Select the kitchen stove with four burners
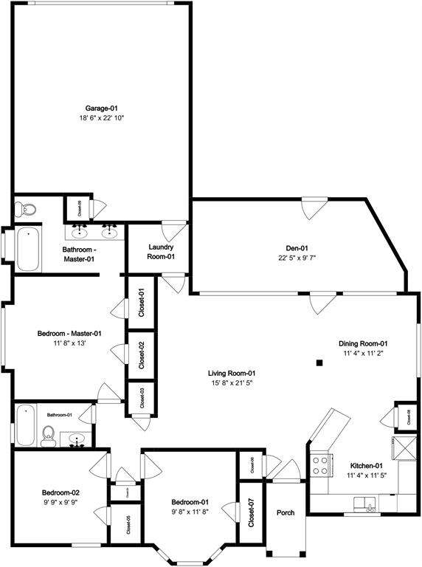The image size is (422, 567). [321, 465]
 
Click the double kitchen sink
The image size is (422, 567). [364, 504]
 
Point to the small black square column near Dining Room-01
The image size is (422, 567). [319, 362]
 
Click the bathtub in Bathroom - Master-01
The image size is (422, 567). [28, 250]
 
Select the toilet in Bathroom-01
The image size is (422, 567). [49, 435]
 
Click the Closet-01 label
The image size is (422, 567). [142, 302]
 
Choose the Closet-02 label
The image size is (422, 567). [142, 354]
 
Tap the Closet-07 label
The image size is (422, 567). [252, 513]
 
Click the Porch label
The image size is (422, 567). [286, 513]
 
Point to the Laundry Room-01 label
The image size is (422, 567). [161, 252]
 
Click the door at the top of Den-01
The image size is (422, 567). [313, 207]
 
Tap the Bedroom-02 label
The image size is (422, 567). [60, 492]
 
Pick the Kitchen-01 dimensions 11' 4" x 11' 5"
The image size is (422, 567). [365, 475]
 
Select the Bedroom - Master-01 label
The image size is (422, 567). [69, 334]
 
